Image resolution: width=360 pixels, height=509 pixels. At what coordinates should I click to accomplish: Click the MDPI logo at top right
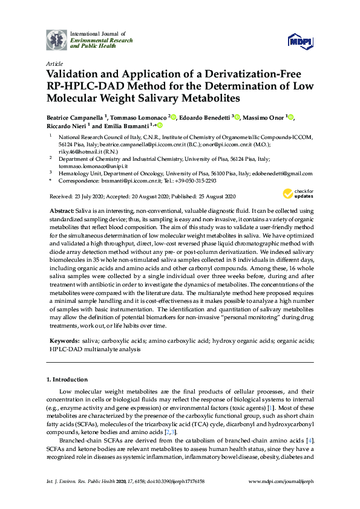coord(301,41)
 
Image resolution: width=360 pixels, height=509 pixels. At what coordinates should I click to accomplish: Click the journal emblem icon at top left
coord(57,39)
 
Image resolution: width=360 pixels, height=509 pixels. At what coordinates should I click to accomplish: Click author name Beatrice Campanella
coord(75,117)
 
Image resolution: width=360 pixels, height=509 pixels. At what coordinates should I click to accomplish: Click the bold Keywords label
coord(62,342)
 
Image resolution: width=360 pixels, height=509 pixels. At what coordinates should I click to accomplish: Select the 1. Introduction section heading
coord(67,379)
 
